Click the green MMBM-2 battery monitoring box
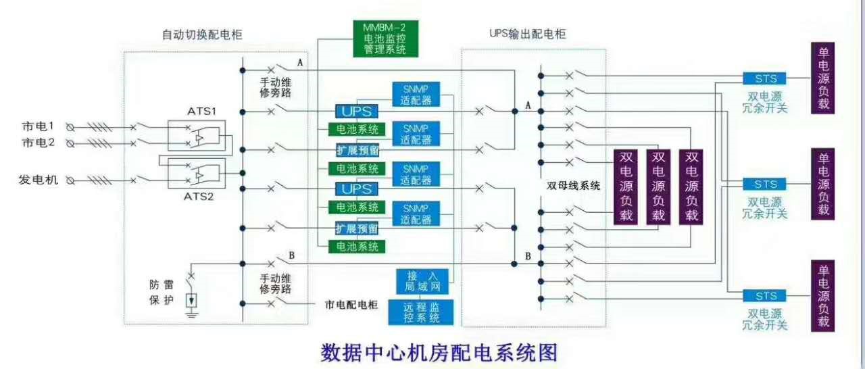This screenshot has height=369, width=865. tap(385, 39)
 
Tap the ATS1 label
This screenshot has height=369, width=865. tap(201, 111)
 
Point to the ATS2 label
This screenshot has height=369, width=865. tap(199, 197)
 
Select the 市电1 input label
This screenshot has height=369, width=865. tap(38, 126)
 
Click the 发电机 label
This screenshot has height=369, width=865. tap(39, 180)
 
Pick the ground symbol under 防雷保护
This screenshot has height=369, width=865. tap(191, 314)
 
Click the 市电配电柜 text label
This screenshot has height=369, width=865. tap(351, 305)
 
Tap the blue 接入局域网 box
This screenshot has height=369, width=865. tap(422, 281)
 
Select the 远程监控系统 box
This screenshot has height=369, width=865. tap(421, 312)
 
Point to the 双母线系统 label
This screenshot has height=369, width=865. tap(574, 186)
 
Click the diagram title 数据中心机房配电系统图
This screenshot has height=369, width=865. tap(439, 352)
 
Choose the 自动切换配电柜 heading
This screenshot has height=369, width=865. tap(202, 34)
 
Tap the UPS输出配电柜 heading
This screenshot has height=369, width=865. tap(528, 34)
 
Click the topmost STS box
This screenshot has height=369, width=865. tap(764, 78)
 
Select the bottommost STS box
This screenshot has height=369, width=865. tap(764, 295)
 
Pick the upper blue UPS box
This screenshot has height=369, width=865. tap(356, 111)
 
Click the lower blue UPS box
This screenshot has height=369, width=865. tap(356, 189)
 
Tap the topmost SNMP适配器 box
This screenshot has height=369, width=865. tap(416, 94)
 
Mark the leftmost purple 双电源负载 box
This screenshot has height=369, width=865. tap(626, 187)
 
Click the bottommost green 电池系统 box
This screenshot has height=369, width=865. tap(357, 247)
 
